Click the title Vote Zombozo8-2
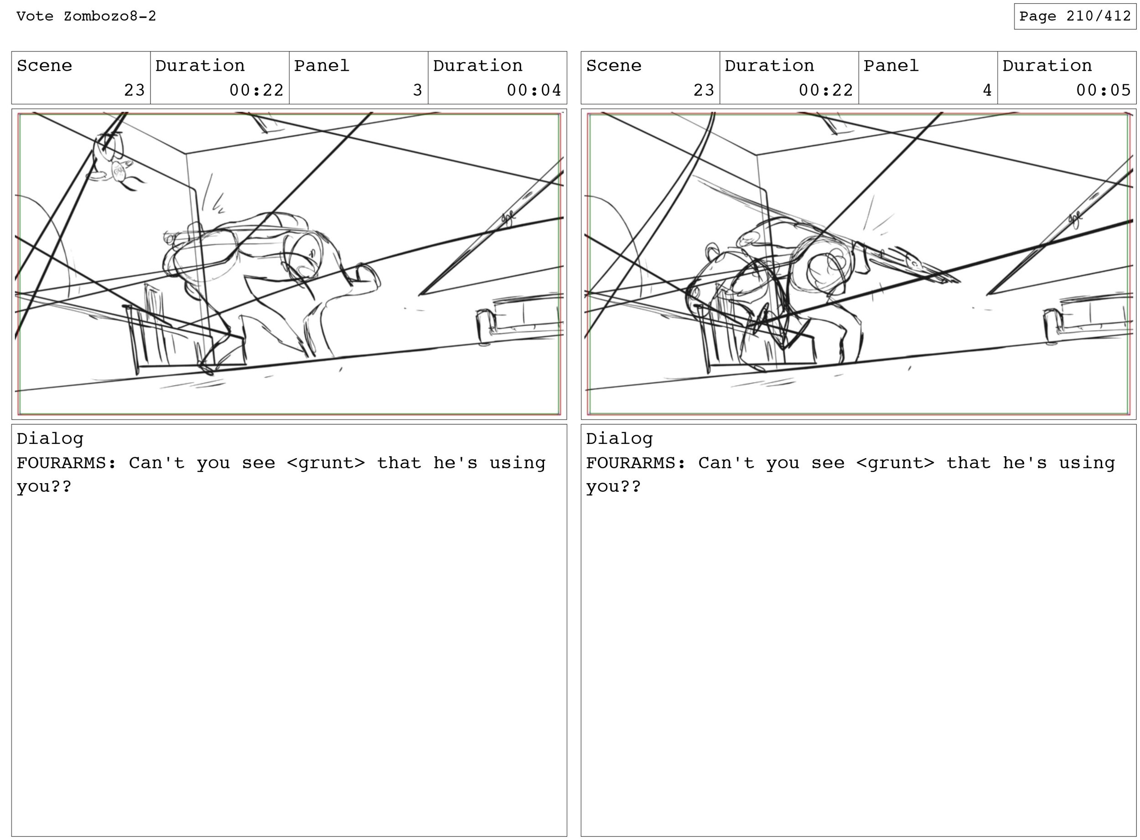tap(86, 16)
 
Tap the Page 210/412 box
tap(1075, 16)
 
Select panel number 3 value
tap(418, 90)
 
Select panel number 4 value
tap(987, 90)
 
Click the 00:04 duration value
tap(534, 90)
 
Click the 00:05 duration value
tap(1103, 90)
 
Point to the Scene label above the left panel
tap(44, 66)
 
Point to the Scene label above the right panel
tap(613, 66)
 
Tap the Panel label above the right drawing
tap(891, 66)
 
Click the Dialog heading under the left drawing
tap(50, 439)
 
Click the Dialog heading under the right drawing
tap(619, 439)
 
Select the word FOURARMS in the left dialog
tap(61, 463)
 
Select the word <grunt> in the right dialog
tap(895, 463)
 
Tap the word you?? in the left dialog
tap(44, 487)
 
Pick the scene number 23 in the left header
tap(135, 90)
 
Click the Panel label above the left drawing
tap(321, 66)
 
